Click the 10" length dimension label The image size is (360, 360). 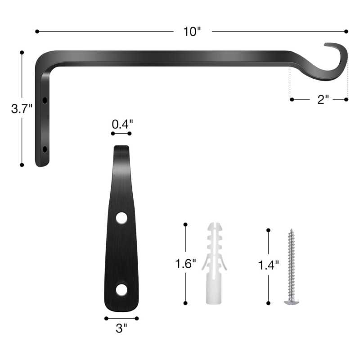point(192,31)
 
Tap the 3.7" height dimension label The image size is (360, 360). point(22,108)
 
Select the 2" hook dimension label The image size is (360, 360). point(323,99)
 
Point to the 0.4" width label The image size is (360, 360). point(122,124)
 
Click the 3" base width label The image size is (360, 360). point(121,328)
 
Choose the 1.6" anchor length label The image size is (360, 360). point(185,264)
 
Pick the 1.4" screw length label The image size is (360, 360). point(268,265)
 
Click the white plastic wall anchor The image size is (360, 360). point(214,263)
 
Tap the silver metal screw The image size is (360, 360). point(291,267)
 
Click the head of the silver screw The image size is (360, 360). point(291,302)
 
